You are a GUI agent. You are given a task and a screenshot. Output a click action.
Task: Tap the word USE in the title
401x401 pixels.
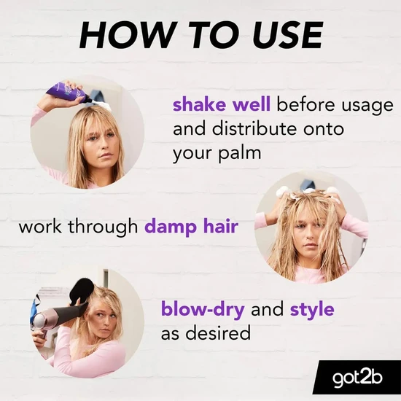coord(280,35)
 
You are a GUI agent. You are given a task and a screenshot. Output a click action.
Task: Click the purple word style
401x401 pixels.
coord(312,309)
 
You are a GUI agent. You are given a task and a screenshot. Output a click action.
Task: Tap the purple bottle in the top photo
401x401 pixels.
coord(66,92)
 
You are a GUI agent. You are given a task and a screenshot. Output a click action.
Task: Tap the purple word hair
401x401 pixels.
coord(219,227)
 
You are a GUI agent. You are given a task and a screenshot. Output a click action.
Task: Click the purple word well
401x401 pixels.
coord(251,104)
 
